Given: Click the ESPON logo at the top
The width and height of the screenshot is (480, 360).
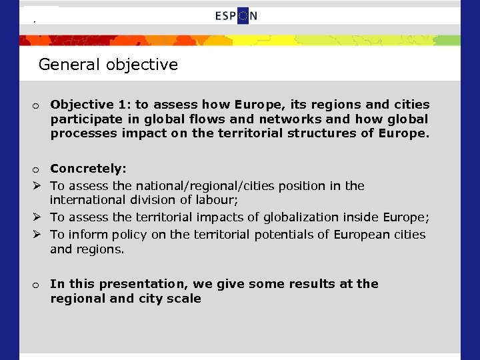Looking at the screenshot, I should point(236,16).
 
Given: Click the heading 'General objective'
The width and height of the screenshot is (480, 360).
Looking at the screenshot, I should point(108,65).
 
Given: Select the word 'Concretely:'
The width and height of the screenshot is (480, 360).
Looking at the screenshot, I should point(88,169).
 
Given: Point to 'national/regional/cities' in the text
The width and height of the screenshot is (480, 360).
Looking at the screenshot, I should point(205,185).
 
